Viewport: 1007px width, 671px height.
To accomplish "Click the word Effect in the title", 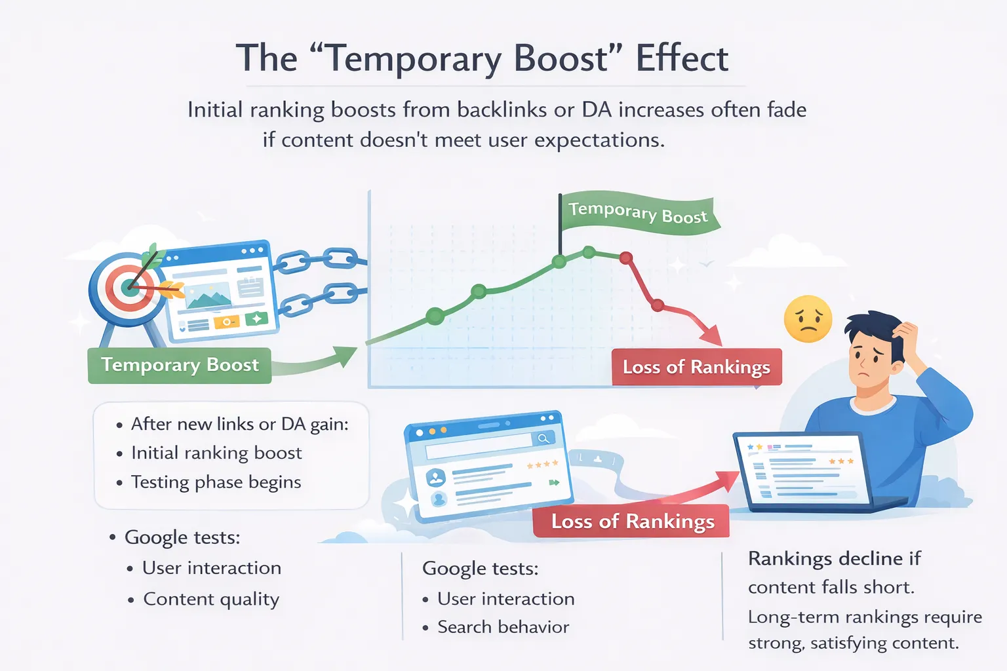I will (682, 59).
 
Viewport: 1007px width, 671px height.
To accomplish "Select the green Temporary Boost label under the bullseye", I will (180, 365).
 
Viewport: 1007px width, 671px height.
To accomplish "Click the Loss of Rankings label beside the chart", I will (696, 367).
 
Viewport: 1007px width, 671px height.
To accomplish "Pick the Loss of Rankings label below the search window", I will (632, 522).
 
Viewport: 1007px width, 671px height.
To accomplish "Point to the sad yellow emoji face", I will (808, 320).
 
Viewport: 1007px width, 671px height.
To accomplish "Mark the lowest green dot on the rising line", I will (435, 316).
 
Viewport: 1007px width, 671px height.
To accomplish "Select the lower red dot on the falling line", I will (658, 305).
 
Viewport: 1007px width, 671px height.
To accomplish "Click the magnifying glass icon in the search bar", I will (543, 438).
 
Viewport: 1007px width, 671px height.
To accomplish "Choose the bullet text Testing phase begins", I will (216, 482).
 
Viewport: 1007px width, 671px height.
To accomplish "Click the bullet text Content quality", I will (211, 599).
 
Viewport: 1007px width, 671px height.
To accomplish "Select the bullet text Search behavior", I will (503, 627).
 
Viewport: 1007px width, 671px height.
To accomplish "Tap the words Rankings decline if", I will (834, 558).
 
